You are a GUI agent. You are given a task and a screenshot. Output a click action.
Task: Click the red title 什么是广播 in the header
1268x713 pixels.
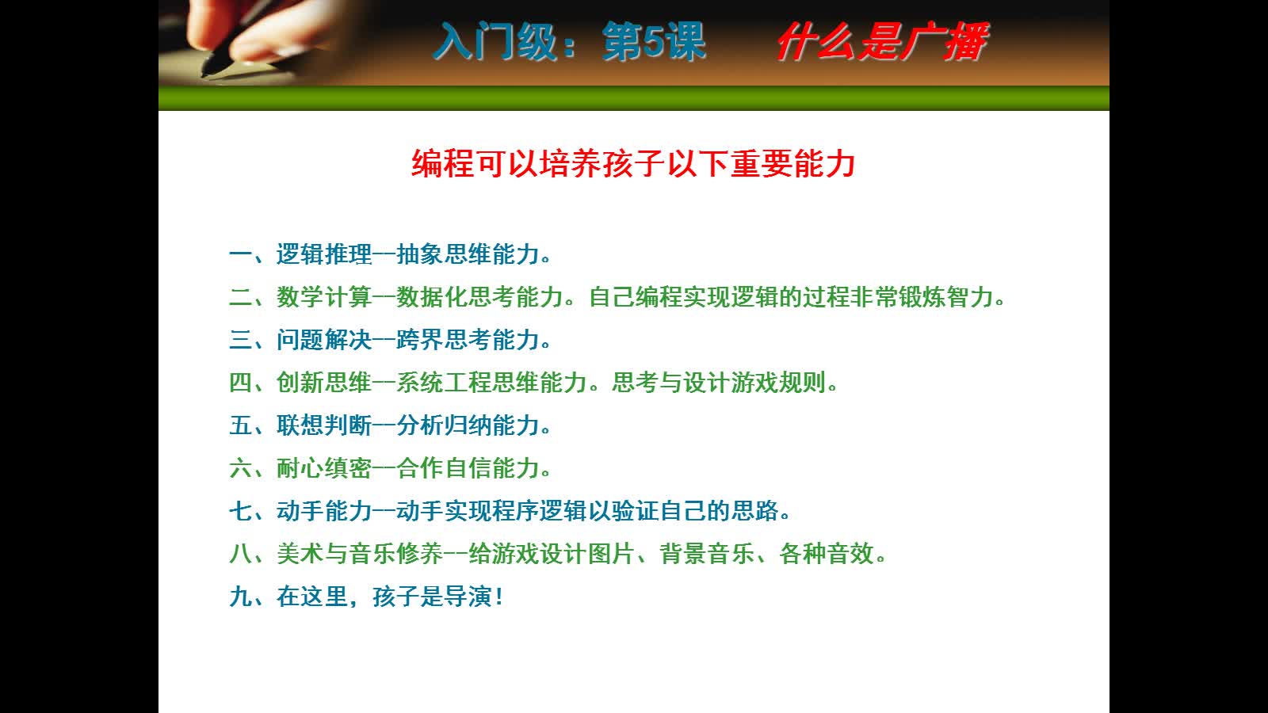[x=883, y=41]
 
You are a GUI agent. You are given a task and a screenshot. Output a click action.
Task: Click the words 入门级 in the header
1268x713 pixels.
[x=496, y=41]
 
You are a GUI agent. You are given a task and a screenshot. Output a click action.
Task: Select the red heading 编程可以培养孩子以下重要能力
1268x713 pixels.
[x=633, y=164]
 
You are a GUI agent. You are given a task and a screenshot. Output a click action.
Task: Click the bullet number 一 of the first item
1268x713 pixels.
[x=241, y=254]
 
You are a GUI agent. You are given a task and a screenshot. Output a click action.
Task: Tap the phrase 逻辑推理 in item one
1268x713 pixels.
[x=324, y=254]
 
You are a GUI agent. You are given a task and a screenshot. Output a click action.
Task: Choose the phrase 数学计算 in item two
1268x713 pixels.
[x=324, y=297]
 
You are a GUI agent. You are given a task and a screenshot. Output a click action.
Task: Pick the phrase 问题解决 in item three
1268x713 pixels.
[x=324, y=340]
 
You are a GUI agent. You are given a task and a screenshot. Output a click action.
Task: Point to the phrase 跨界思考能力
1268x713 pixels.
[x=468, y=340]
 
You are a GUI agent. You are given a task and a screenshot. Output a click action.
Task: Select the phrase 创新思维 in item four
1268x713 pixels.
[x=324, y=383]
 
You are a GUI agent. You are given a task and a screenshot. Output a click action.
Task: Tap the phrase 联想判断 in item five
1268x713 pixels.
[x=324, y=425]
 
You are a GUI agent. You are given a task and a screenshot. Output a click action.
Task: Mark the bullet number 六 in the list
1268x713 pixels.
[x=241, y=468]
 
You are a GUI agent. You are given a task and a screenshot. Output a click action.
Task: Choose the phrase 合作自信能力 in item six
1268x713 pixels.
[x=468, y=468]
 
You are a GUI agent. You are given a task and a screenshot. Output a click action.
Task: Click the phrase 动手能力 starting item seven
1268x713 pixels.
[x=324, y=511]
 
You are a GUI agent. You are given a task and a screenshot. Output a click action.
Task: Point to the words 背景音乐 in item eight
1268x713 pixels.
[x=707, y=554]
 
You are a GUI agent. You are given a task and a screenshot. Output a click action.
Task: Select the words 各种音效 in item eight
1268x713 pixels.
[x=827, y=554]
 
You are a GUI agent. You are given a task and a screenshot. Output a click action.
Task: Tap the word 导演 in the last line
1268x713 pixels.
[x=468, y=597]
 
